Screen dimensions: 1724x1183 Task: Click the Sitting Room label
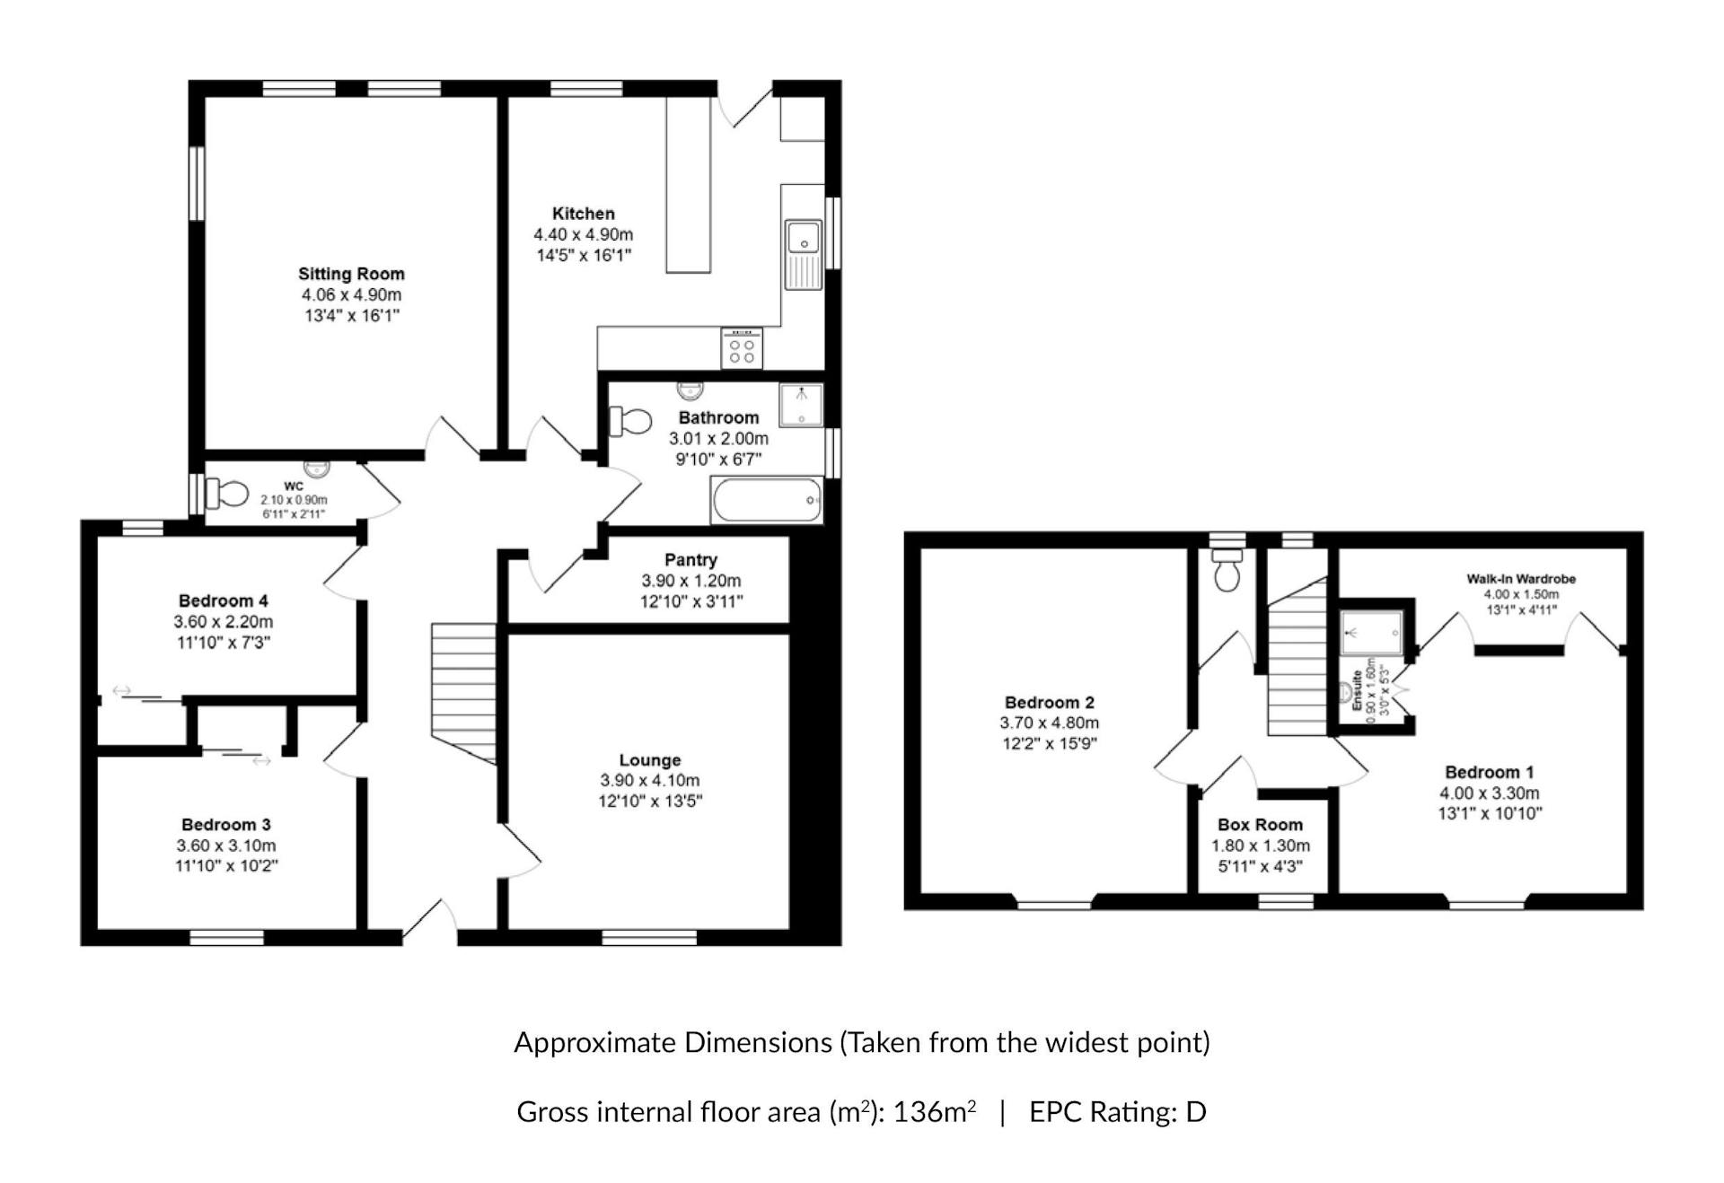(x=351, y=274)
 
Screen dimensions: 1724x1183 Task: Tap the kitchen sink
(x=804, y=255)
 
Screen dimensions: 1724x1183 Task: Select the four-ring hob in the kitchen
(x=743, y=348)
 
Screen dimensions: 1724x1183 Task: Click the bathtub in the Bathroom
(x=767, y=500)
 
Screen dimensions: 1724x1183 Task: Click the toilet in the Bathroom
(x=630, y=421)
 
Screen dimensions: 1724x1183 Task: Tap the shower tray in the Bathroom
(x=801, y=406)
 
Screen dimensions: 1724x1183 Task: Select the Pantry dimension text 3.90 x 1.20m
(x=691, y=581)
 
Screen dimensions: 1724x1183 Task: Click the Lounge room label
(x=650, y=760)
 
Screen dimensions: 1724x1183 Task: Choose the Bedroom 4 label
(x=224, y=600)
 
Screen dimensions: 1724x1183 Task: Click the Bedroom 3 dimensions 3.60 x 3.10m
(x=226, y=846)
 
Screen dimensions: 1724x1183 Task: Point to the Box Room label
(x=1260, y=825)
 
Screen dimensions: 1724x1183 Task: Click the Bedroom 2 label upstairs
(x=1050, y=703)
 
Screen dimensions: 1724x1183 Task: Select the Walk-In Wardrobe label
(x=1521, y=579)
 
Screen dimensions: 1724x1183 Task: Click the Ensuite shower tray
(x=1371, y=633)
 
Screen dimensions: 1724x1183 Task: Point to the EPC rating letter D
(x=1195, y=1112)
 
